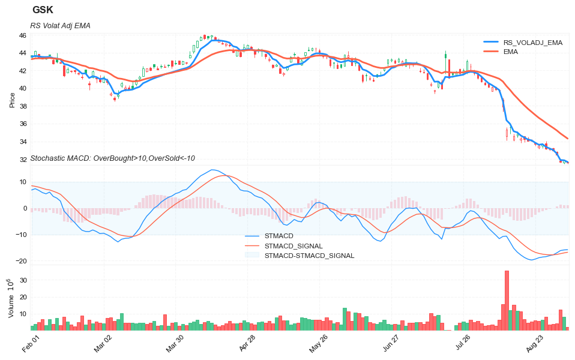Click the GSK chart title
coord(43,10)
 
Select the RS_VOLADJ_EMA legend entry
coord(532,43)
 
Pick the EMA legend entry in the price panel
coord(511,52)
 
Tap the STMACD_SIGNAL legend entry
coord(294,246)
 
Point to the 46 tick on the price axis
coord(22,36)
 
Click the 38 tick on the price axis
coord(22,107)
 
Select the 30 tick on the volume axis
coord(22,280)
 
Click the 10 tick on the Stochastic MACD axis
coord(22,182)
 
